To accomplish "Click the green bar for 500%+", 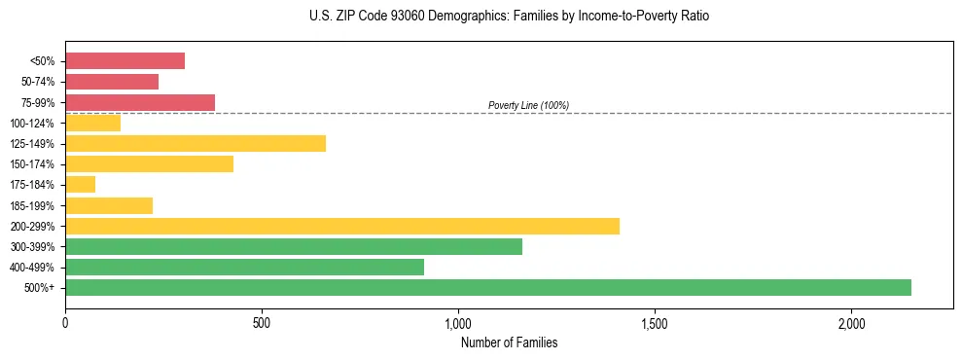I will click(488, 287).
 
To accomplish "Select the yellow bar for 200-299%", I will click(342, 227).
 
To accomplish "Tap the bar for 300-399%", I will click(294, 247).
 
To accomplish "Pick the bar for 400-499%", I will click(244, 267).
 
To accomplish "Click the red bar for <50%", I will click(125, 61).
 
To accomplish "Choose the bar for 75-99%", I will click(140, 102).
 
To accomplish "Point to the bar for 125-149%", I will click(196, 144).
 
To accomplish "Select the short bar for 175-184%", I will click(80, 185).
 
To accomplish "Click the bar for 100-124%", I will click(92, 123).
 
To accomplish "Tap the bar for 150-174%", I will click(149, 164).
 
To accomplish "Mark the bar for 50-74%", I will click(112, 82).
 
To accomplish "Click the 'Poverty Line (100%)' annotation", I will click(528, 105).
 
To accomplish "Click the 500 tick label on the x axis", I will click(262, 322).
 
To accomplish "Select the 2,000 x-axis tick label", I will click(851, 322).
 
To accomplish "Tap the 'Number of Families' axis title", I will click(509, 342).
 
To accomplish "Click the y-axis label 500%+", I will click(40, 288).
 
